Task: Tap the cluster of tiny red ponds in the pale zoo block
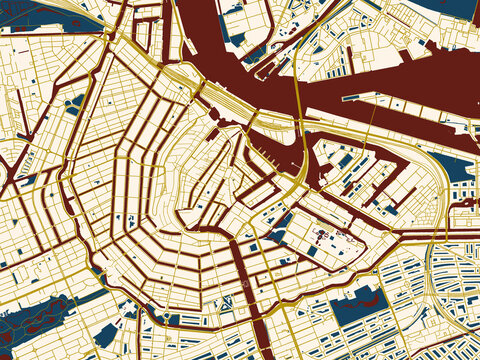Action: (325, 235)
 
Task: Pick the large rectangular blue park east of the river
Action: (355, 305)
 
